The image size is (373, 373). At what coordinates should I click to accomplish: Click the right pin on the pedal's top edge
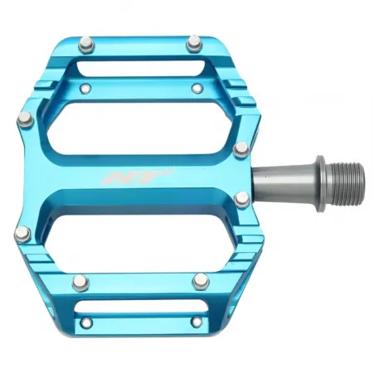pos(194,41)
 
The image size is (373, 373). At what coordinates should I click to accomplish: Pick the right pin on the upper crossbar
pos(196,85)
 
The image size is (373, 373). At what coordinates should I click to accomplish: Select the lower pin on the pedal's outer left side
pos(22,233)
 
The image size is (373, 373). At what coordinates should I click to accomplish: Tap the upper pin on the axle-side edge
pos(241,149)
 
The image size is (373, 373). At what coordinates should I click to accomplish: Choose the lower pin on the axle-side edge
pos(241,199)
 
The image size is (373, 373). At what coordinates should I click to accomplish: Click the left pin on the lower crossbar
pos(80,282)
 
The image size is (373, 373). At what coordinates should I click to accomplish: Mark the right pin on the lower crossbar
pos(199,280)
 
